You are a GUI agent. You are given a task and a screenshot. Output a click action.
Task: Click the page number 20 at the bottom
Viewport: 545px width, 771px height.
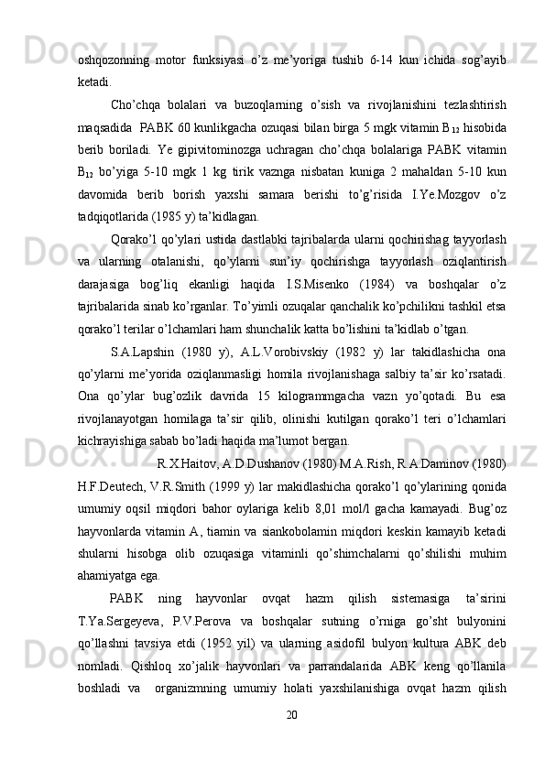[x=292, y=739]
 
